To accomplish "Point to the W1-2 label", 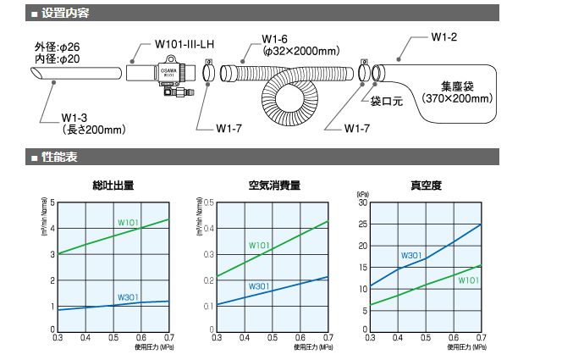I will click(x=444, y=38).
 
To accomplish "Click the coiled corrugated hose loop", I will click(x=292, y=94).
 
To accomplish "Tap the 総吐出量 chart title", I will click(x=113, y=186).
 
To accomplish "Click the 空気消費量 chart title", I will click(x=273, y=186).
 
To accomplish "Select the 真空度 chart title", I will click(x=426, y=186).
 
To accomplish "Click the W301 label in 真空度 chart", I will click(x=411, y=255).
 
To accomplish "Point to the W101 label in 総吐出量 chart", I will click(x=129, y=223).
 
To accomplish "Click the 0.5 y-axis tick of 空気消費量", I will click(x=207, y=202).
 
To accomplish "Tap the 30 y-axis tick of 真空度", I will click(x=363, y=202).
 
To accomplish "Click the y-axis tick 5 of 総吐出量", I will click(x=52, y=202).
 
